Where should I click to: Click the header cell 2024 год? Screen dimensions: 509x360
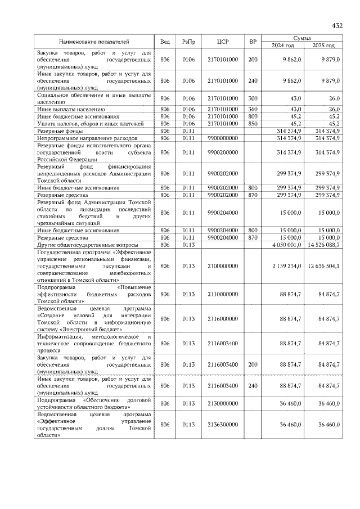click(283, 46)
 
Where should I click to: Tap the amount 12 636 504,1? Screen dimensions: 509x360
click(323, 265)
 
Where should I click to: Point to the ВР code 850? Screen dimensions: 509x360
click(253, 123)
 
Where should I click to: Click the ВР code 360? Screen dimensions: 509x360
click(253, 109)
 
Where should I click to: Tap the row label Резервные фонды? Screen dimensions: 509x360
click(57, 130)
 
